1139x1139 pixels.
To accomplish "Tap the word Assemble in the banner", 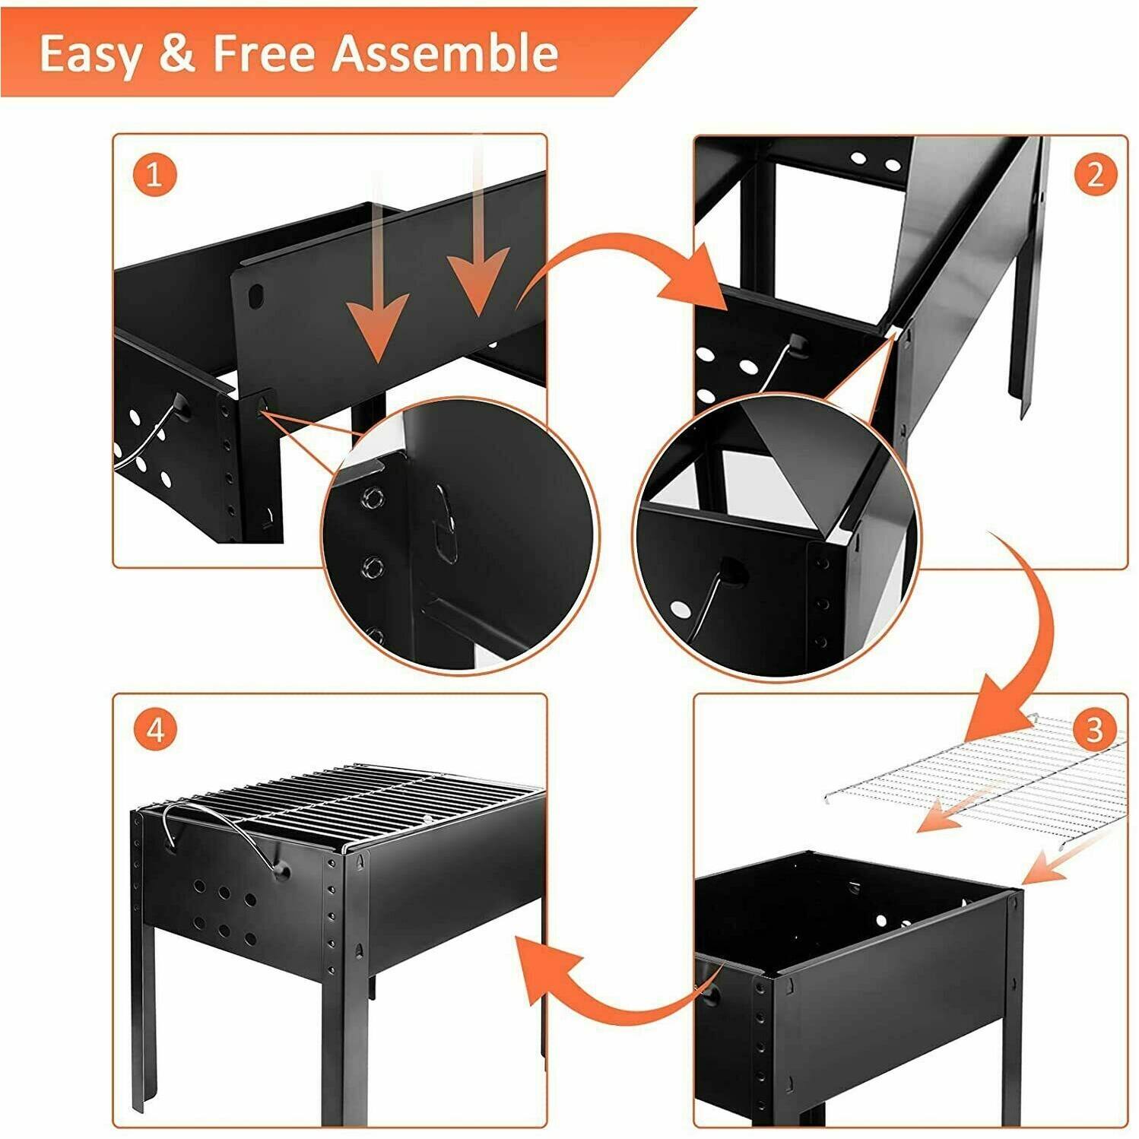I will click(447, 53).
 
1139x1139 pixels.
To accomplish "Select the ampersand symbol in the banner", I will click(176, 53).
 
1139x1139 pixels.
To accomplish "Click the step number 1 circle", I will click(154, 176).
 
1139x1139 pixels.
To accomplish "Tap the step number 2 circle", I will click(1094, 176).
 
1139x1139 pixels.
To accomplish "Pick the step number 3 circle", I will click(1094, 731).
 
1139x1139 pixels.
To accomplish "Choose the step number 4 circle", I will click(154, 731).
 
